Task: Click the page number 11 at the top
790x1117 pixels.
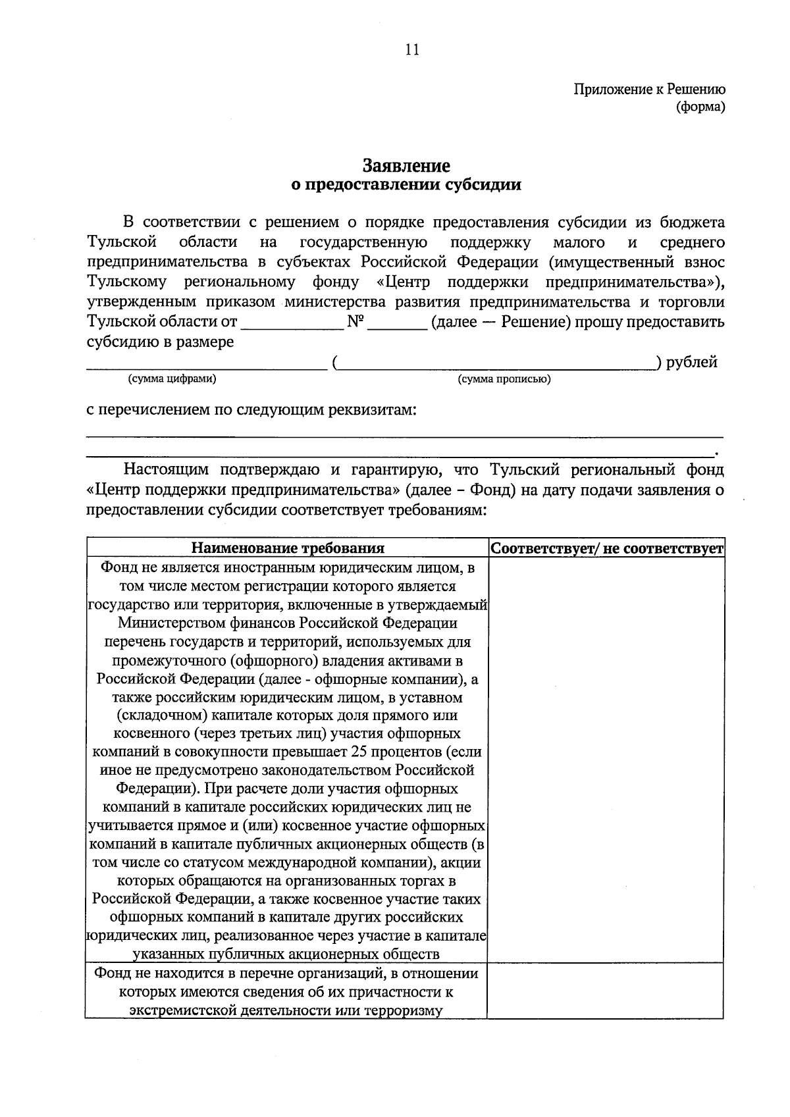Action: pyautogui.click(x=413, y=51)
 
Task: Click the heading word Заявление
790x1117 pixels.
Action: pyautogui.click(x=406, y=165)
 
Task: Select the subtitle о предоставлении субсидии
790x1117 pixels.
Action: pyautogui.click(x=406, y=185)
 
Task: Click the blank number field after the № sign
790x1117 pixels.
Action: pyautogui.click(x=397, y=323)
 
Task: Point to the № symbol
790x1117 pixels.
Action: pyautogui.click(x=355, y=322)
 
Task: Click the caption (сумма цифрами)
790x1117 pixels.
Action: pyautogui.click(x=172, y=378)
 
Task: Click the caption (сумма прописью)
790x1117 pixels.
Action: pyautogui.click(x=504, y=379)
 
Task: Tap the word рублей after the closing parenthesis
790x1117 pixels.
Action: pyautogui.click(x=692, y=361)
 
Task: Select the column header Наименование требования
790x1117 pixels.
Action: pyautogui.click(x=288, y=548)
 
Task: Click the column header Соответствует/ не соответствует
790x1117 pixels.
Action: pyautogui.click(x=607, y=548)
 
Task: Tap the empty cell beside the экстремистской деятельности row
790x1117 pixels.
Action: pyautogui.click(x=606, y=991)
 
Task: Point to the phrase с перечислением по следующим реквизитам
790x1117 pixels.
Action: pyautogui.click(x=252, y=410)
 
